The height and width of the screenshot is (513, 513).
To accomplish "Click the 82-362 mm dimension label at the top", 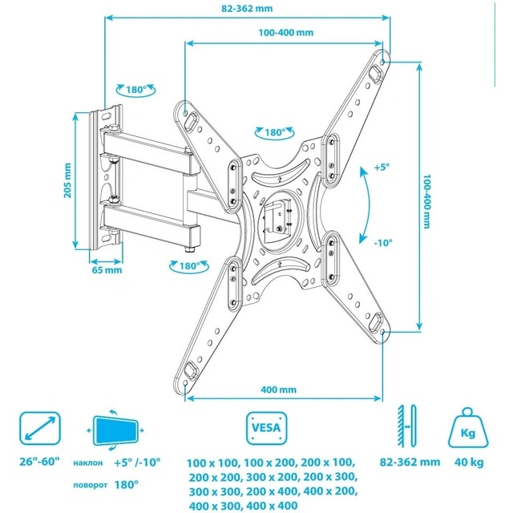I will pyautogui.click(x=246, y=8).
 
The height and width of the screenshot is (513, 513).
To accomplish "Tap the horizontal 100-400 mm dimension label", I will pyautogui.click(x=286, y=34).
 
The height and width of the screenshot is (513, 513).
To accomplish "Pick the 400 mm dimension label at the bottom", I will pyautogui.click(x=278, y=390).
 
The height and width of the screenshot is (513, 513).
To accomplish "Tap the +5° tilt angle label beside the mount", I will pyautogui.click(x=382, y=168).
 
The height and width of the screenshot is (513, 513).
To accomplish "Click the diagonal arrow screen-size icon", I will pyautogui.click(x=38, y=428).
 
